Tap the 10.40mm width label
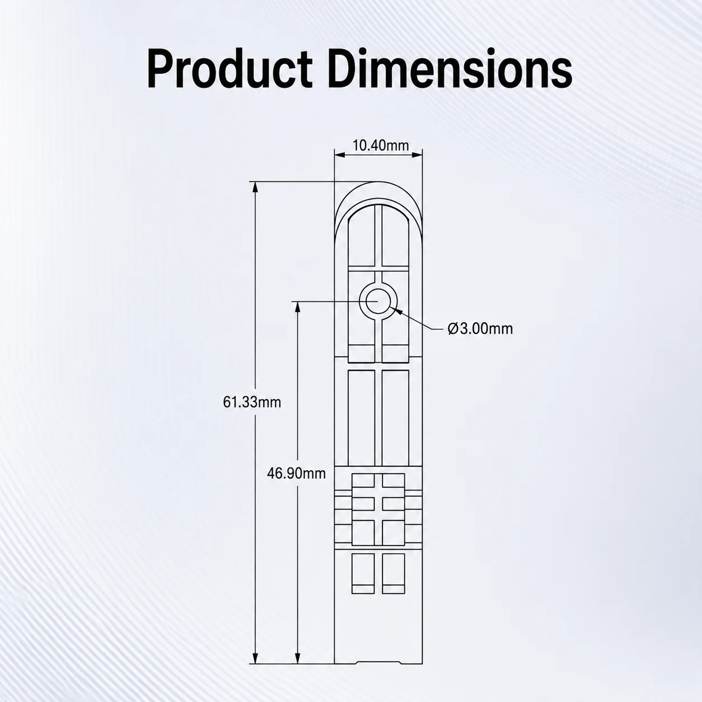[381, 146]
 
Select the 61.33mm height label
[252, 403]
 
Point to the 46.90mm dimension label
[296, 474]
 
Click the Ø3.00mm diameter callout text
[480, 329]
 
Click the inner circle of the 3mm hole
[378, 301]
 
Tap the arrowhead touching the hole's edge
[397, 312]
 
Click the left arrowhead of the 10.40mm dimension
[340, 155]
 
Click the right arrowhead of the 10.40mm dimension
[417, 155]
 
